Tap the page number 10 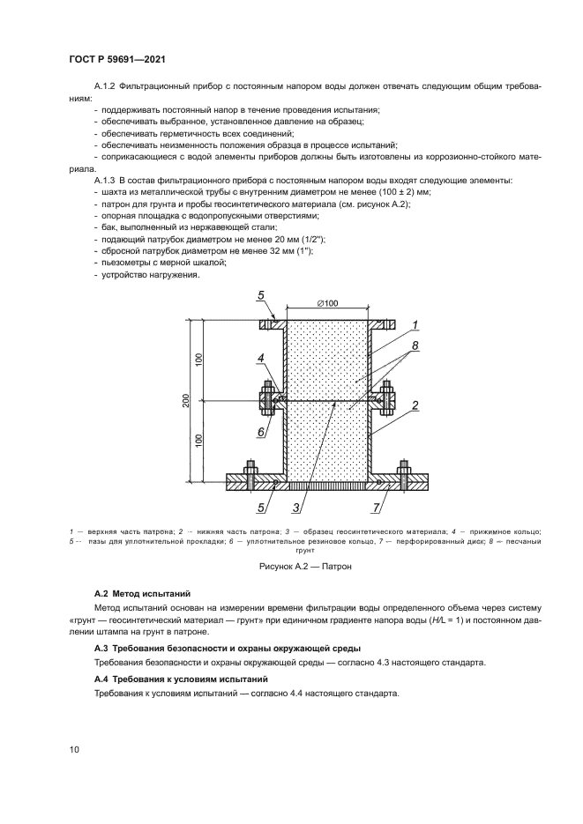point(75,749)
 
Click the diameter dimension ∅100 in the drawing point(326,304)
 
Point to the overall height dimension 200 point(187,401)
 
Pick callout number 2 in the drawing point(415,406)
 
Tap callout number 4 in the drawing point(261,358)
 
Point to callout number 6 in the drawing point(261,432)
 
